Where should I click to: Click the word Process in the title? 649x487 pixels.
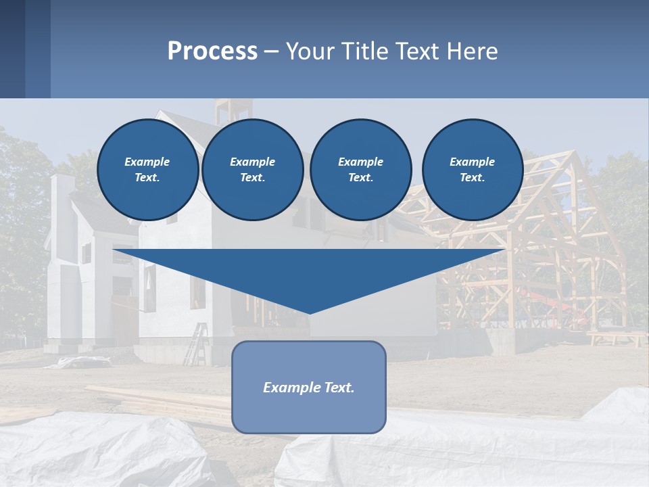pyautogui.click(x=212, y=51)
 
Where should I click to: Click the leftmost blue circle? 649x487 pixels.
pyautogui.click(x=147, y=170)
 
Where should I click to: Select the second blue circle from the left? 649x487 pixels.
pyautogui.click(x=252, y=170)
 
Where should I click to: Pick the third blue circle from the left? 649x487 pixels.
pyautogui.click(x=360, y=170)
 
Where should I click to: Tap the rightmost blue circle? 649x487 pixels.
pyautogui.click(x=472, y=170)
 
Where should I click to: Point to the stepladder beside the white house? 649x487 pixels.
pyautogui.click(x=197, y=344)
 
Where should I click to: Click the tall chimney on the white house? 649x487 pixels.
pyautogui.click(x=62, y=203)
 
